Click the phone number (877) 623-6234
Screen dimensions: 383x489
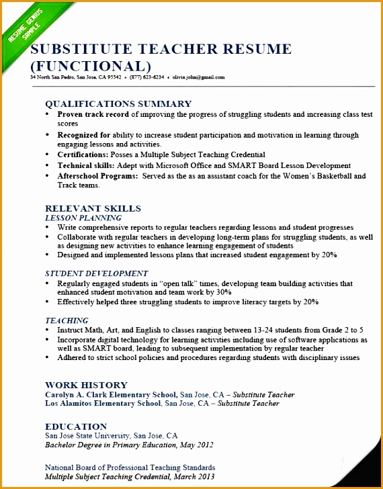tap(146, 77)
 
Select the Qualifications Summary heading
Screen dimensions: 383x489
tap(118, 104)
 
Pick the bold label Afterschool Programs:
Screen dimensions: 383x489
tap(96, 176)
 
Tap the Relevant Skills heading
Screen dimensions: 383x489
tap(93, 208)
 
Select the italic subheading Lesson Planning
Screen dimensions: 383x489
tap(83, 218)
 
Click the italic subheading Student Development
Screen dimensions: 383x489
tap(96, 274)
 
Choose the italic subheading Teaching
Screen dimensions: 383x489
tap(67, 321)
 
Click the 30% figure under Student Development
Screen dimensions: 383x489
tap(224, 293)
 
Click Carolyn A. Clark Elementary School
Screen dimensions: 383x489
tap(111, 394)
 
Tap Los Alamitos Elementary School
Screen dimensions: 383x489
tap(103, 404)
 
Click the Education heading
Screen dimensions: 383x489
tap(76, 427)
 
